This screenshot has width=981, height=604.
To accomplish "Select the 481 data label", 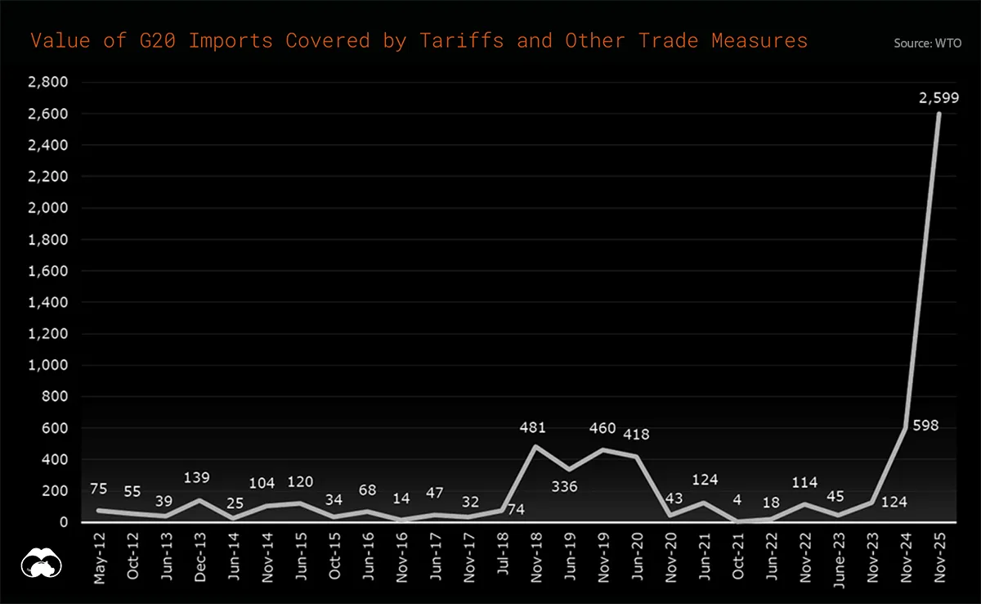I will tap(532, 427).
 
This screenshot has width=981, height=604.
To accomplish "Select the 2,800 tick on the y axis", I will tap(47, 83).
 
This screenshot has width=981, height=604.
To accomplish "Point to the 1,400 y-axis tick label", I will tap(47, 303).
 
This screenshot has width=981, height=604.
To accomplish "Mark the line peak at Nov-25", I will tap(938, 114).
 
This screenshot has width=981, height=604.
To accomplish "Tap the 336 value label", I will tap(564, 487).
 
